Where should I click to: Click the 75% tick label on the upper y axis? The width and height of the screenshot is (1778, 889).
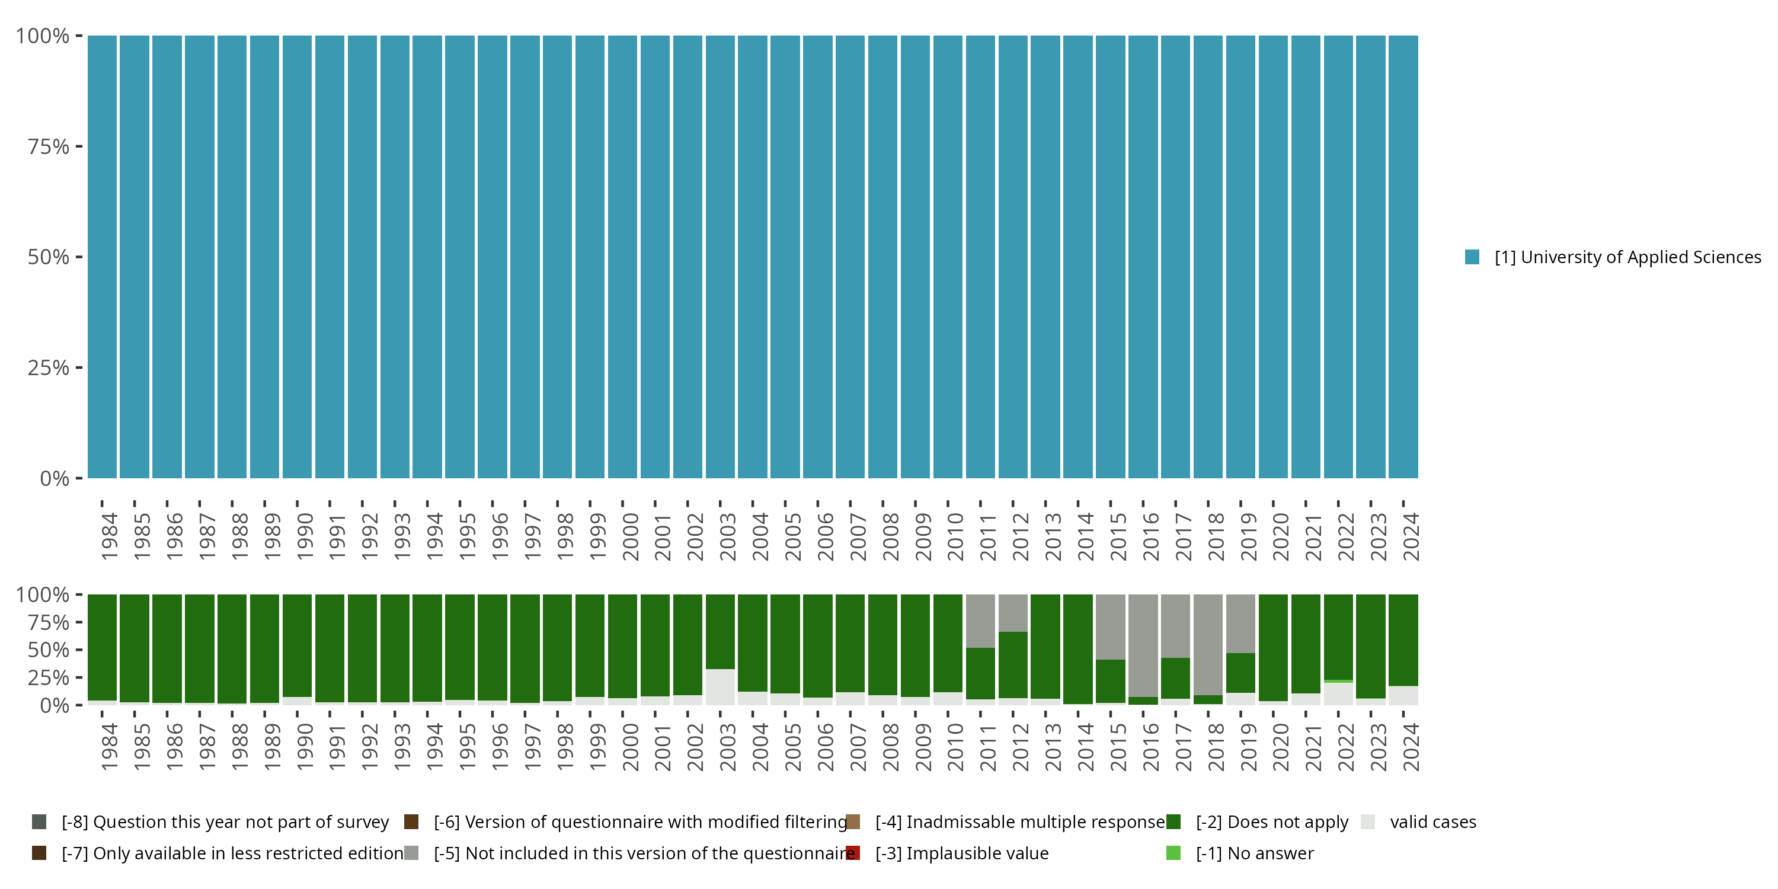[49, 146]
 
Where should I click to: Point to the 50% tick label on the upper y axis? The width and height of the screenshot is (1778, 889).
[49, 257]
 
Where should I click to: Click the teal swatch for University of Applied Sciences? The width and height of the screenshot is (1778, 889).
[1472, 257]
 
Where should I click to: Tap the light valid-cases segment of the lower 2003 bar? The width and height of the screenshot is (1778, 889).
[720, 687]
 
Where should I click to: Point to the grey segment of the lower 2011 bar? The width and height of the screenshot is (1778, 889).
[980, 621]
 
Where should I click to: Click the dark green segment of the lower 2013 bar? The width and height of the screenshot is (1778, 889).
[1045, 646]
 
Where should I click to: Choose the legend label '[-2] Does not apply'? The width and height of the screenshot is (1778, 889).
[1271, 822]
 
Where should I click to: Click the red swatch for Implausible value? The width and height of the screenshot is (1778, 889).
[853, 853]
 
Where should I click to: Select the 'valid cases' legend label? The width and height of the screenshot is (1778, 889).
[1433, 822]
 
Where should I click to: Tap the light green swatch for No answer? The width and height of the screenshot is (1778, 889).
[1173, 853]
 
